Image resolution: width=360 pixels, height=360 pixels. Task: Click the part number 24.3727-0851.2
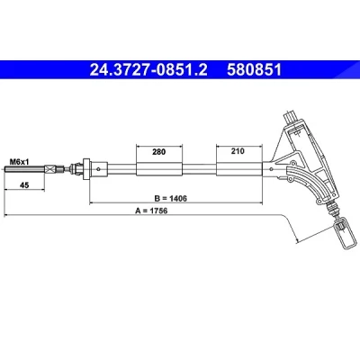coord(148,70)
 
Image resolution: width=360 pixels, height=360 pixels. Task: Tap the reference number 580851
coord(254,70)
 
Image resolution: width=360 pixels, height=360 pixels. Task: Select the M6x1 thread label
coord(19,162)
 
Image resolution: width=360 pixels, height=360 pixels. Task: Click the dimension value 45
coord(24,185)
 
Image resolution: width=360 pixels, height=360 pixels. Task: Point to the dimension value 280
coord(158,152)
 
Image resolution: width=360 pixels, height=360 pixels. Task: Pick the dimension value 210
coord(238,151)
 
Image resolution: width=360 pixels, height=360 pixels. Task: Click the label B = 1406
coord(171,198)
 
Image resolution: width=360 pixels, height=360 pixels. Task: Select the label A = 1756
coord(151,211)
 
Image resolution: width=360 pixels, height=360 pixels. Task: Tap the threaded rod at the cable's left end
coord(24,169)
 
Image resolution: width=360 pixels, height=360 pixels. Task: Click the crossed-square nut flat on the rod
coord(50,169)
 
